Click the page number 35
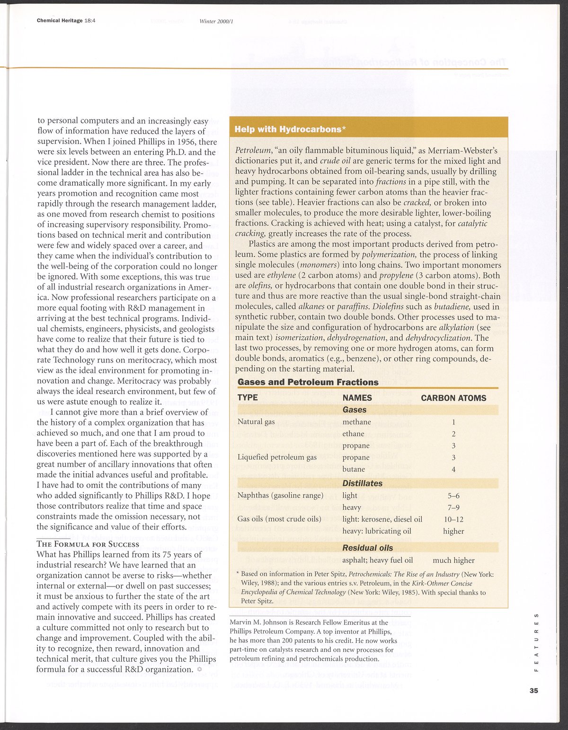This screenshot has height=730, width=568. (534, 691)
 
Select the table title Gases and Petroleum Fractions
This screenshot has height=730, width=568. (308, 382)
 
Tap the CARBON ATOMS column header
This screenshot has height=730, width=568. (453, 398)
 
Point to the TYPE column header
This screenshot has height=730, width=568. (248, 397)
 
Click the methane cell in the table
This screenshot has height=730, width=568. (356, 422)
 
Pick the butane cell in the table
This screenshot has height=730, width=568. (354, 469)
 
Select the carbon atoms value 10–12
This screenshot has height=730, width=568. (453, 519)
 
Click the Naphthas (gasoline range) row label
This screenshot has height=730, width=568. (280, 496)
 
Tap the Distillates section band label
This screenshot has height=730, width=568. (362, 483)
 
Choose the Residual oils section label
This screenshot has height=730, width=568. (367, 548)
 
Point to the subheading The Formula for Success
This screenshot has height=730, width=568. (88, 544)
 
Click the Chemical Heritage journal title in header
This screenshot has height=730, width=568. (60, 21)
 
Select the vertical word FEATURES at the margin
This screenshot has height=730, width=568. (536, 642)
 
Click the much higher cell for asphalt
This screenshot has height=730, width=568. (453, 560)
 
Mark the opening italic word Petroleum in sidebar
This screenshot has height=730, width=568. (253, 151)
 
